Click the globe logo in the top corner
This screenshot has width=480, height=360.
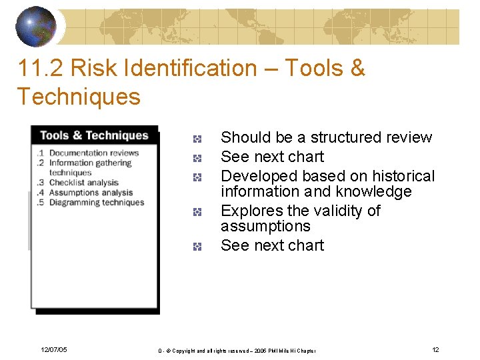(x=36, y=26)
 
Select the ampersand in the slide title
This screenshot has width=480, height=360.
(x=357, y=68)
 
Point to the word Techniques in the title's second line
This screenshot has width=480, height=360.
(x=79, y=97)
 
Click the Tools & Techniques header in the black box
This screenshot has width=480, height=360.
(x=94, y=135)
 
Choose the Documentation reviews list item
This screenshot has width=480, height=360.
(x=93, y=153)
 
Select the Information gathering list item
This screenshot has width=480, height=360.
(x=90, y=163)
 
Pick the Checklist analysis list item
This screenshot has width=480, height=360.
(x=83, y=183)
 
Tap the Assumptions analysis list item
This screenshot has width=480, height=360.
(x=91, y=193)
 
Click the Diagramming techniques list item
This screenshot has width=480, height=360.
(x=96, y=203)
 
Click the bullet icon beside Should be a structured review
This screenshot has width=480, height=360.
(x=197, y=139)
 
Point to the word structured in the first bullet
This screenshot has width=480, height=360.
(x=343, y=137)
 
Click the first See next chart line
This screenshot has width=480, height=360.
(x=272, y=157)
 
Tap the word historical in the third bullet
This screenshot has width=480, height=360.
(x=403, y=176)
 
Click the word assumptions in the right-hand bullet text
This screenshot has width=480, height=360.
(x=265, y=226)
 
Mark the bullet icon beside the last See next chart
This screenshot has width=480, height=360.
(x=197, y=247)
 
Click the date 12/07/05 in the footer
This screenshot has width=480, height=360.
(x=53, y=350)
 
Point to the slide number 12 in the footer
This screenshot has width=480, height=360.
(x=435, y=350)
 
